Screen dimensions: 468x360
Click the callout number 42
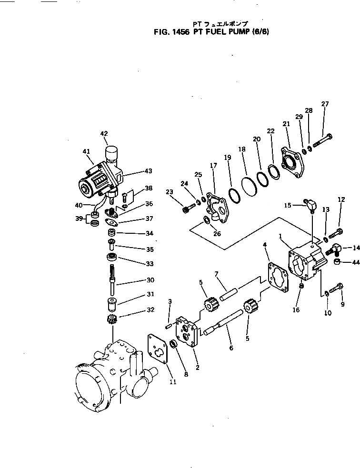click(x=104, y=134)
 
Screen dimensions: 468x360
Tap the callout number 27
click(x=325, y=104)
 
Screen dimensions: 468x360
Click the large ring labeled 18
click(x=248, y=185)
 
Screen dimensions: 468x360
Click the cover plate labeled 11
click(x=158, y=351)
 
